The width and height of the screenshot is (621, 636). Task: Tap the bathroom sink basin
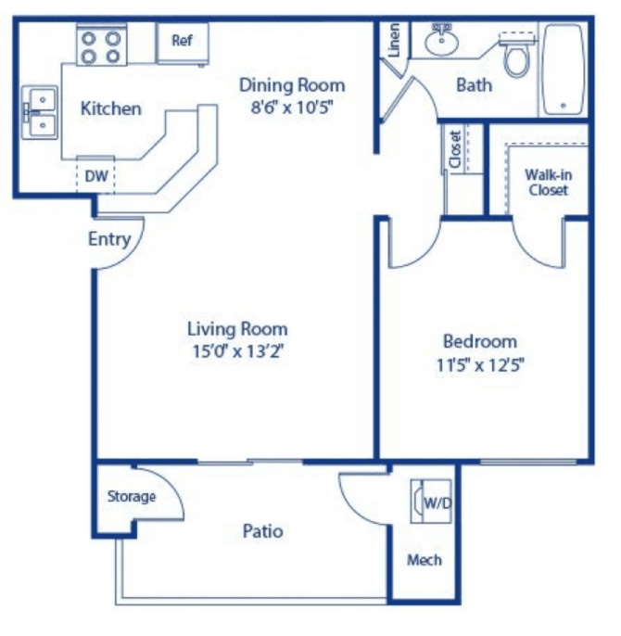(442, 41)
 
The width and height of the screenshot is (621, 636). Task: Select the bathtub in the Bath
(563, 70)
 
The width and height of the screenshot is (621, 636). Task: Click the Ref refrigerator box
(183, 43)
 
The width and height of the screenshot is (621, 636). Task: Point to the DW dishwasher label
(96, 176)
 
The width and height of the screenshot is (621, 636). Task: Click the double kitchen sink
(40, 112)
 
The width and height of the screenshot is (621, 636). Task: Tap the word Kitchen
(110, 108)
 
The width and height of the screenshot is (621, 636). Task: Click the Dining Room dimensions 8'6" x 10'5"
(292, 108)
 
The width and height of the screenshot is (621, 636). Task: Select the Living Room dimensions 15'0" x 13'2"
(237, 350)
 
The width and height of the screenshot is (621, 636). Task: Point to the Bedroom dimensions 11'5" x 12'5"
(480, 364)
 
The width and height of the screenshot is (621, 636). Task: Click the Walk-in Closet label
(549, 182)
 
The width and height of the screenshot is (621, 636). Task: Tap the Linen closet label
(394, 40)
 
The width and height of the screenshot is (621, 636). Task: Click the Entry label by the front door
(109, 239)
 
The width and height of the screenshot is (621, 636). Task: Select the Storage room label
(132, 497)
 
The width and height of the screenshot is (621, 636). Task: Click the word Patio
(262, 531)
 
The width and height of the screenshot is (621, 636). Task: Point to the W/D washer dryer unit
(431, 502)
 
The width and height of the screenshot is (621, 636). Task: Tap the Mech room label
(425, 560)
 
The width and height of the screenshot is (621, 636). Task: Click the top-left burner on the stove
(89, 39)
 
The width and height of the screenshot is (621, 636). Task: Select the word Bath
(475, 85)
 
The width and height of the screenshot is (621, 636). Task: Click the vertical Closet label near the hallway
(455, 149)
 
